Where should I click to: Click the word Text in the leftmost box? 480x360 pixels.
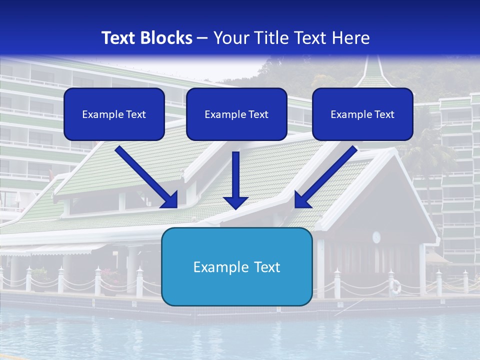[x=136, y=114]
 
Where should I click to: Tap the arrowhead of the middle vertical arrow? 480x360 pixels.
[x=236, y=202]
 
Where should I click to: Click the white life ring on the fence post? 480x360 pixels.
[x=395, y=286]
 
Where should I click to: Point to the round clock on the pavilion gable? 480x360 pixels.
[x=376, y=236]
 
